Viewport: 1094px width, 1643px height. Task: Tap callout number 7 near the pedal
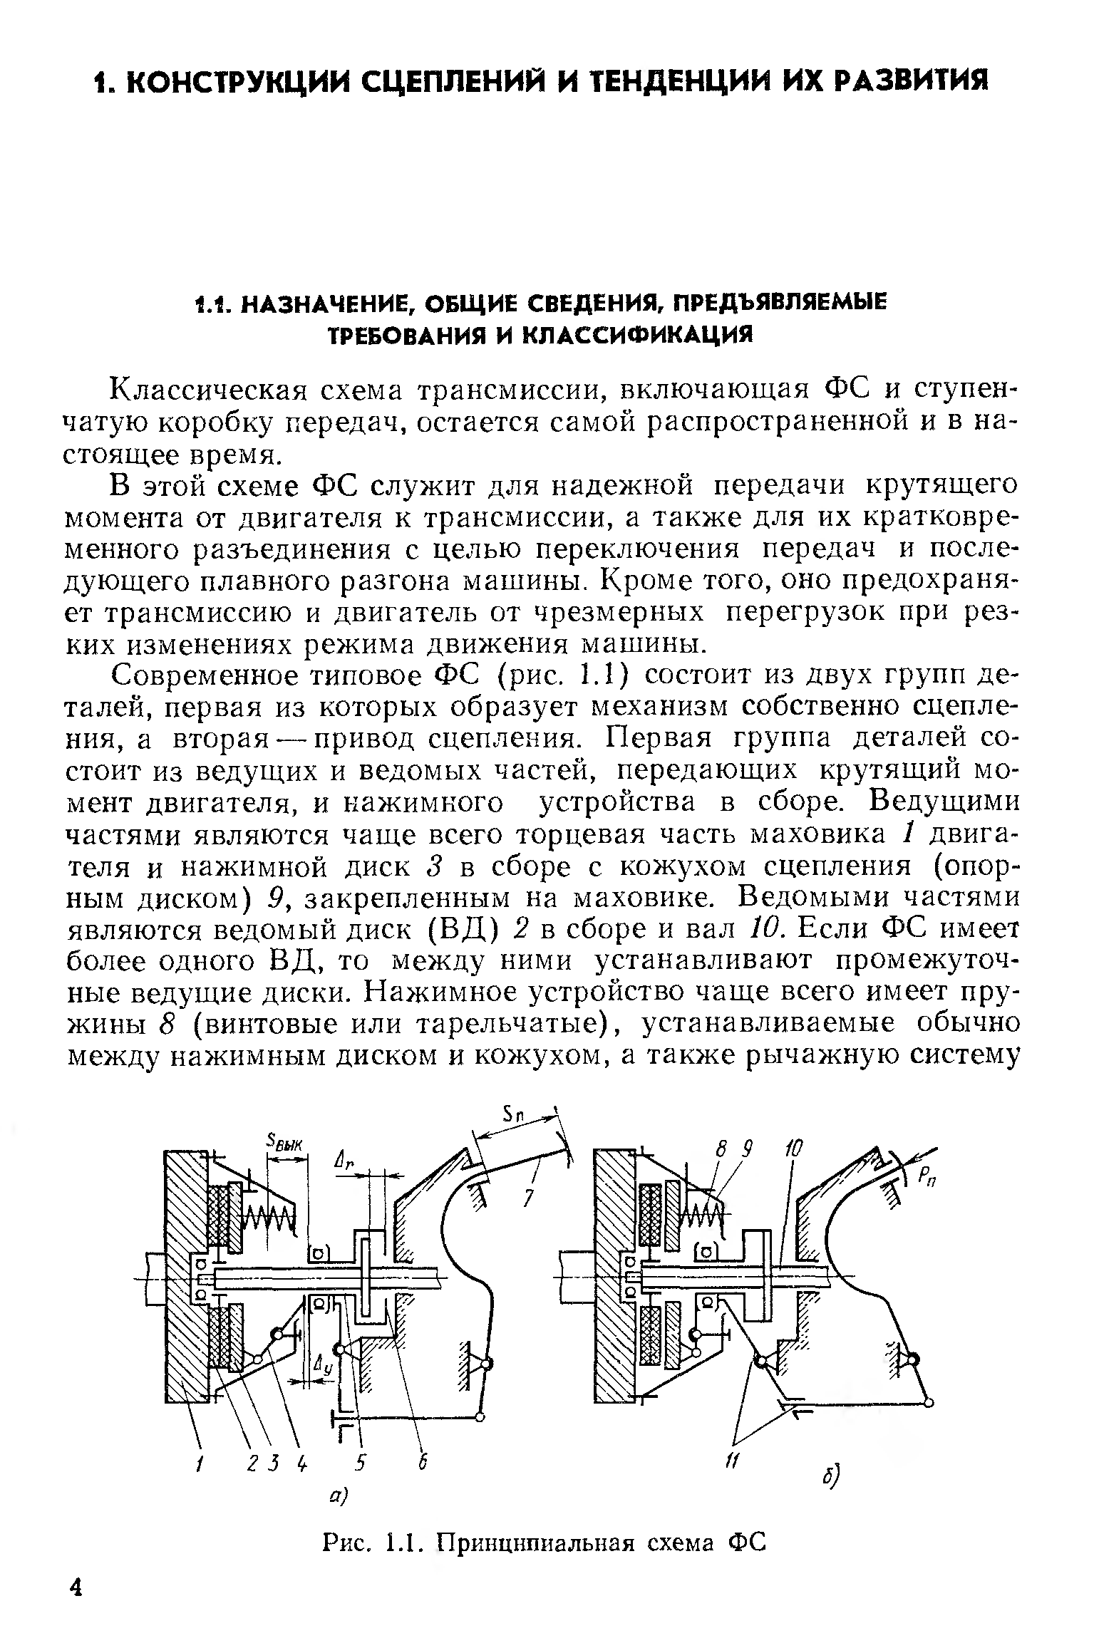527,1199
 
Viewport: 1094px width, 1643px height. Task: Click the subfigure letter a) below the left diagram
336,1496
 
